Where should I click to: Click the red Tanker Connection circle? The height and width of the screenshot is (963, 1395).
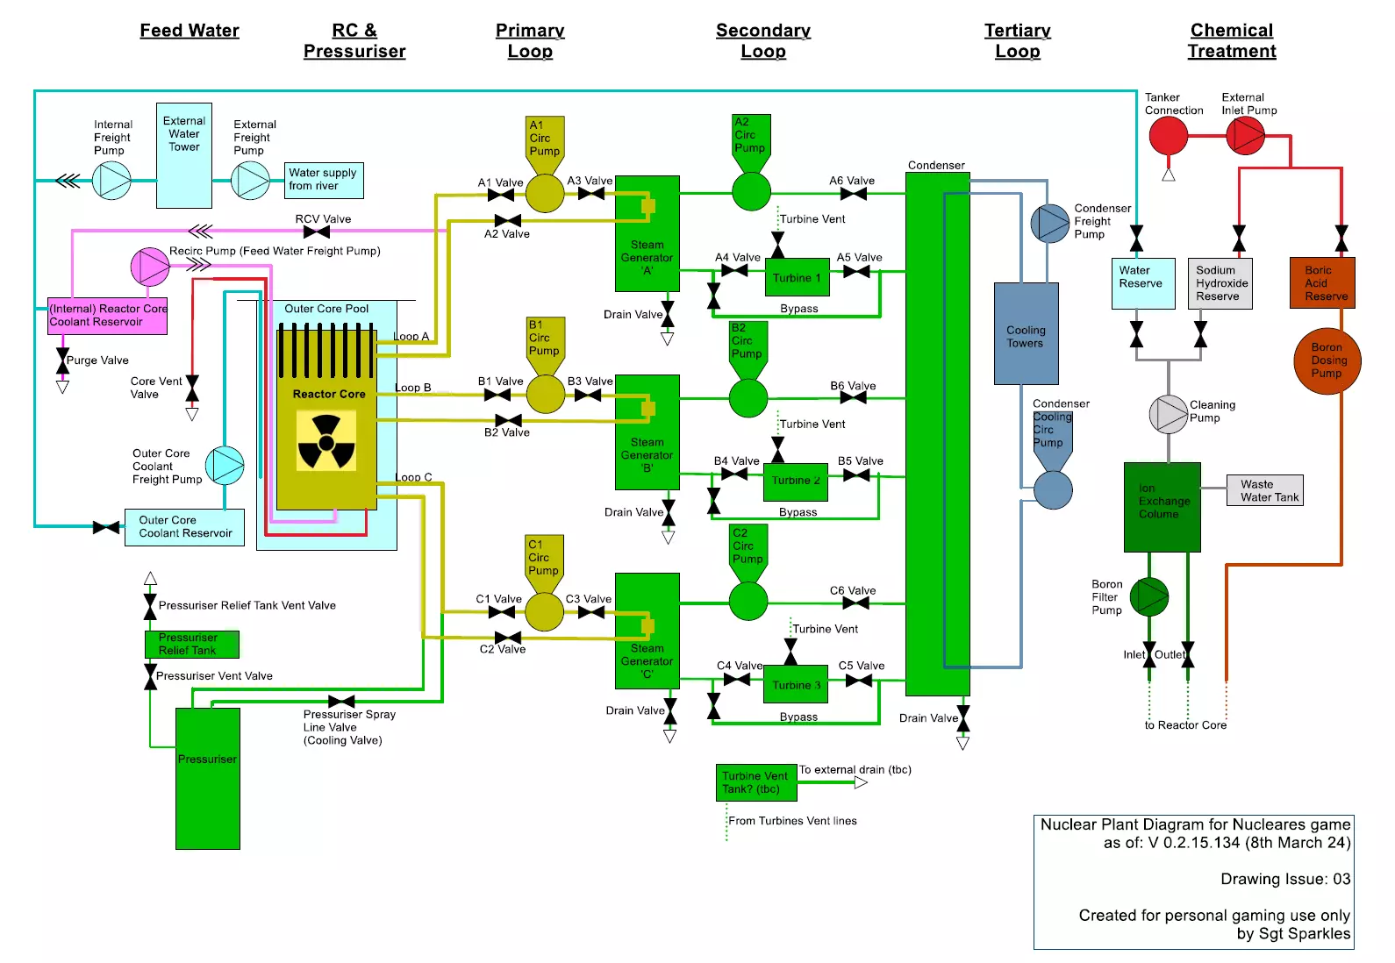1168,136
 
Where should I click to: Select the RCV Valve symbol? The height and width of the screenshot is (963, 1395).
317,232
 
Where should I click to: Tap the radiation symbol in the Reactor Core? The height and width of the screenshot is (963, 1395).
326,441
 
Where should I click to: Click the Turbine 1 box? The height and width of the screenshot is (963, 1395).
797,278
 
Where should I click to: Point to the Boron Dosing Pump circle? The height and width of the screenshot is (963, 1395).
1327,360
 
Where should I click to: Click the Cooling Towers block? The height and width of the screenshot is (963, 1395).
1026,334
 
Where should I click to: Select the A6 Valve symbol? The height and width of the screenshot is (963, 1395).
853,194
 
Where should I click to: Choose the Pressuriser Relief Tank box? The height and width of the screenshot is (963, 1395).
191,645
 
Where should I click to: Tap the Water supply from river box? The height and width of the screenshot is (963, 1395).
324,180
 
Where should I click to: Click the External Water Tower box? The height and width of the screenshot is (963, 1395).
184,155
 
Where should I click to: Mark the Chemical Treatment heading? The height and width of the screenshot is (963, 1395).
1232,40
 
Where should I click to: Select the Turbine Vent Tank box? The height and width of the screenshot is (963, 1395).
756,782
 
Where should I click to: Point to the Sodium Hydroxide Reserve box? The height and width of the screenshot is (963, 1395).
1220,283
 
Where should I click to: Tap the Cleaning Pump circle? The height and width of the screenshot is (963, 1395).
1168,414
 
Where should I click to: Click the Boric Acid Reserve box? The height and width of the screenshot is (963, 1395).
1322,282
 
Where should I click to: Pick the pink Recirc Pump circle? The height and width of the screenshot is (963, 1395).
150,267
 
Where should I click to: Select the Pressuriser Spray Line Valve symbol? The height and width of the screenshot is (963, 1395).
341,702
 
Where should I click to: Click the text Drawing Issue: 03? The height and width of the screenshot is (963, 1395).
1284,879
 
